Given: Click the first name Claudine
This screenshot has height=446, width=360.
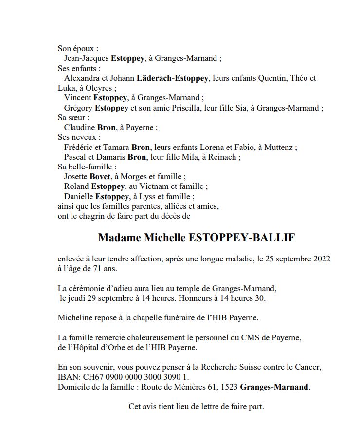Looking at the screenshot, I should (79, 128).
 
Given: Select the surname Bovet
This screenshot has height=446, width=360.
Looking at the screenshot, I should (100, 177).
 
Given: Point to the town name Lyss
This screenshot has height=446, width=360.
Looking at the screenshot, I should (147, 197).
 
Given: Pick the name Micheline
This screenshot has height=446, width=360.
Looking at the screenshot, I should (74, 318).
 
